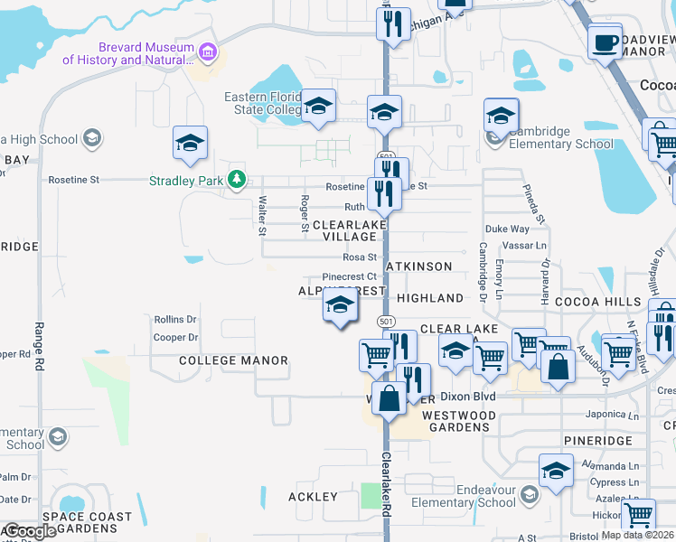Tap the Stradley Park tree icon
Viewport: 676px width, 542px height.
(237, 180)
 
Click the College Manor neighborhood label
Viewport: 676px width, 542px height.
(221, 360)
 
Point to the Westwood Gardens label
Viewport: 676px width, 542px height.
(459, 421)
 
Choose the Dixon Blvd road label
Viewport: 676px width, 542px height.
(473, 397)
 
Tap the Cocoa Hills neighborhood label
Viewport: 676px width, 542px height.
(596, 300)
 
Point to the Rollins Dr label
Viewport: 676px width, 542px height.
(175, 320)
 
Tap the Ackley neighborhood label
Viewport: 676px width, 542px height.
(313, 497)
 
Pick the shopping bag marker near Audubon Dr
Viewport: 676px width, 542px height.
(558, 367)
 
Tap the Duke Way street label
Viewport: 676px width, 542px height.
(506, 229)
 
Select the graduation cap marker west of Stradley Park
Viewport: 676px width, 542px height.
(190, 143)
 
